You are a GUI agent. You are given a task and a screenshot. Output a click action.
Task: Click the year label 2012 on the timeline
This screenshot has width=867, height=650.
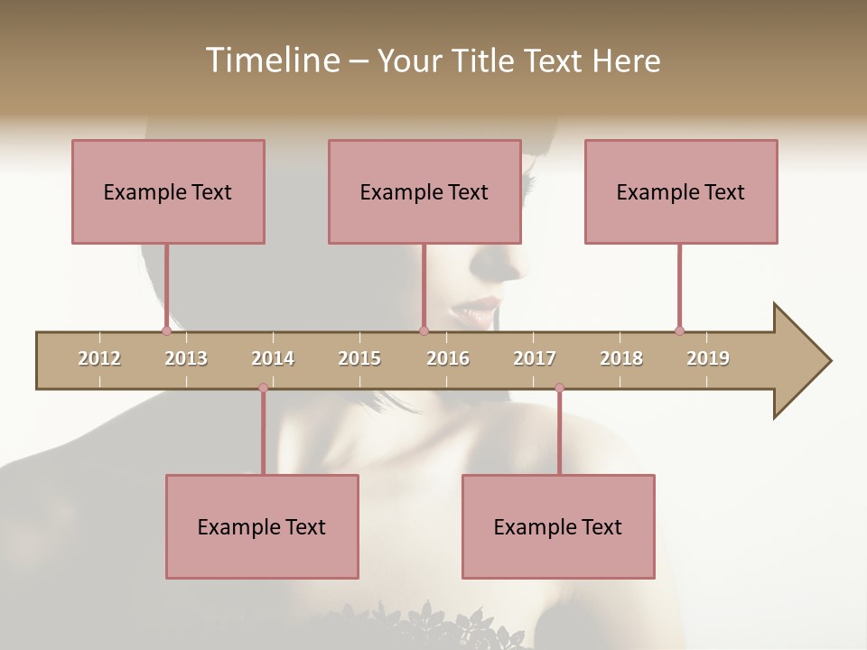pos(99,358)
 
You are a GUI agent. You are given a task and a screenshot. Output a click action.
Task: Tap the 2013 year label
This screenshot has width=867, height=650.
pos(186,358)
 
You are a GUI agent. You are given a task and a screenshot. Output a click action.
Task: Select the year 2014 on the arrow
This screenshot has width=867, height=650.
pos(273,358)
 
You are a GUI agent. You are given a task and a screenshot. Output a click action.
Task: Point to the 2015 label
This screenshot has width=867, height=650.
pos(359,358)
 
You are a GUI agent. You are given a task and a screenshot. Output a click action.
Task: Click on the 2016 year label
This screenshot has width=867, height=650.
pos(448,358)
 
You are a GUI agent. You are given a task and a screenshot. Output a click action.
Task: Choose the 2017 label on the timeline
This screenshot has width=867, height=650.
pos(535,358)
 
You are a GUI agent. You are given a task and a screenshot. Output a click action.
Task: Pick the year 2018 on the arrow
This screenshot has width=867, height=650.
pos(621,358)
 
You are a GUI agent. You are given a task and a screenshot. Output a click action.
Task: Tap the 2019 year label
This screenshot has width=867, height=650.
pos(708,358)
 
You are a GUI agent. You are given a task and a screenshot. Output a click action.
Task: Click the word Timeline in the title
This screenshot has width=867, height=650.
pos(271,60)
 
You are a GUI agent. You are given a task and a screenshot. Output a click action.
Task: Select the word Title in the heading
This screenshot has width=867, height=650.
pos(484,60)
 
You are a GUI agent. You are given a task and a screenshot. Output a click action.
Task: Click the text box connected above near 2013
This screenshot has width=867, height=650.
pos(168,191)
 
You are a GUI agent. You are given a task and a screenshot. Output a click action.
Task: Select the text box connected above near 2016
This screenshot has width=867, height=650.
pos(424,191)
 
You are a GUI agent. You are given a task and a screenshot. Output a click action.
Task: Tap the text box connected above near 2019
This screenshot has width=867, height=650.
pos(681,191)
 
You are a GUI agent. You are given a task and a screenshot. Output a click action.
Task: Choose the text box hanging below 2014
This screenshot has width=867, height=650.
pos(262,526)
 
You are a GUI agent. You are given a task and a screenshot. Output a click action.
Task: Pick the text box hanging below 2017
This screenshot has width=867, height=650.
pos(558,526)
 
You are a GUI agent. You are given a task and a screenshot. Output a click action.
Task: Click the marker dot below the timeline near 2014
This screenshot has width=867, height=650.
pos(263,388)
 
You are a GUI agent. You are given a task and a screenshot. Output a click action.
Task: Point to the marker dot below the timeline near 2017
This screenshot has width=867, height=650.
pos(559,388)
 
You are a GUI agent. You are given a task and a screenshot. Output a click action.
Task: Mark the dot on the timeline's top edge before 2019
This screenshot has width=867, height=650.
pos(679,330)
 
